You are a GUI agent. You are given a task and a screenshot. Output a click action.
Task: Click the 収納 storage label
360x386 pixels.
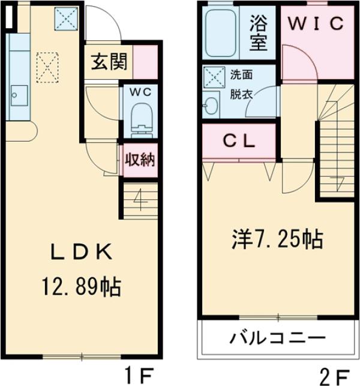[x=140, y=160]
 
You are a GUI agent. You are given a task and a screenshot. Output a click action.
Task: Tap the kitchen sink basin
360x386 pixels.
[x=16, y=94]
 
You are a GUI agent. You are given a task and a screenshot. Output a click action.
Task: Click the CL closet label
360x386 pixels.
[x=240, y=142]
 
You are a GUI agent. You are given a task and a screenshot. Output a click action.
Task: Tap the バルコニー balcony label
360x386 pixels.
[x=278, y=337]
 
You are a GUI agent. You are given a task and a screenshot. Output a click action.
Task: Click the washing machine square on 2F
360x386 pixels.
[x=212, y=77]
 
